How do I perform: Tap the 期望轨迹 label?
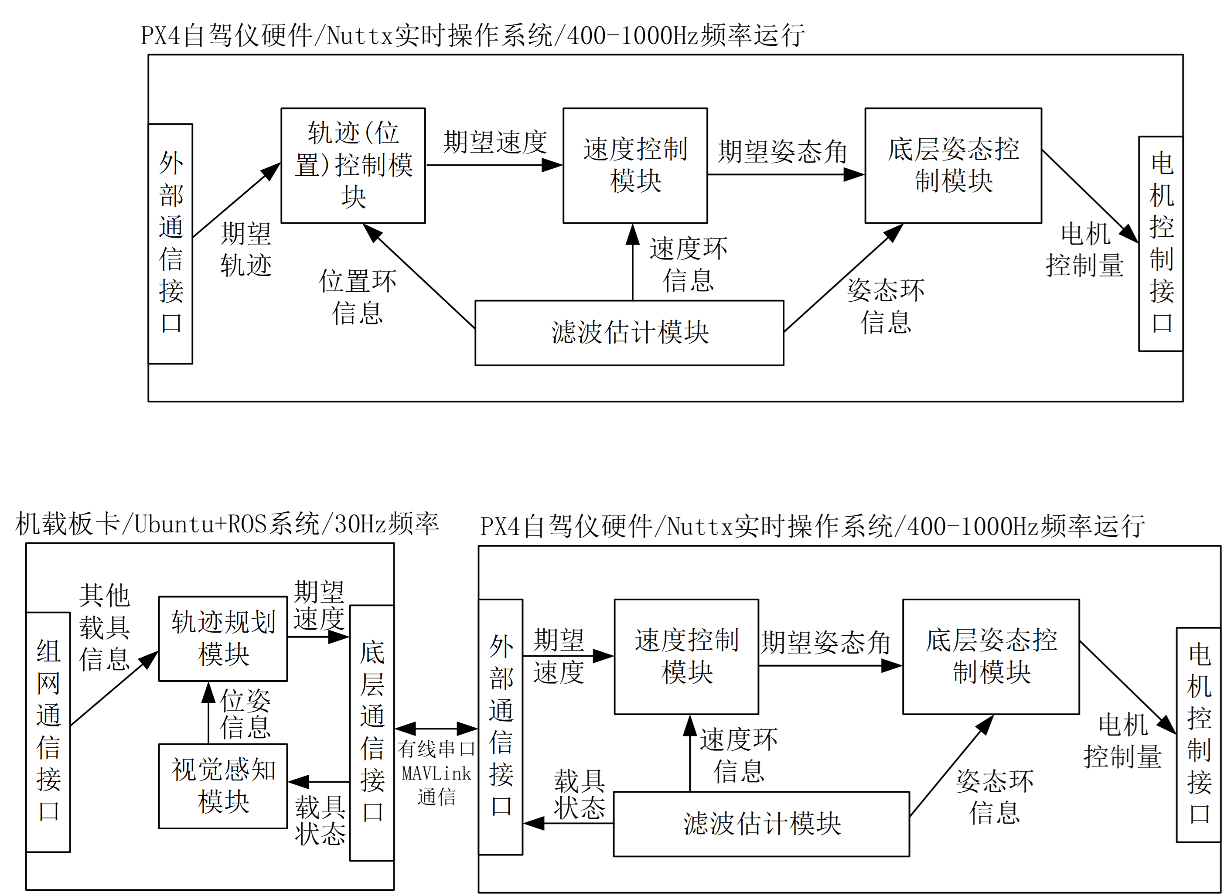click(245, 249)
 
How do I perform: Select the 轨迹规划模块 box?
click(223, 638)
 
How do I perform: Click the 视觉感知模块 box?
click(223, 786)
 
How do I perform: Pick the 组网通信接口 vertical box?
click(48, 732)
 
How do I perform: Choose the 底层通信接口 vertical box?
click(372, 732)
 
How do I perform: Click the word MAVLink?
click(436, 773)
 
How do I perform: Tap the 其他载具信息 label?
click(104, 627)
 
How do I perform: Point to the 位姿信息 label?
click(245, 714)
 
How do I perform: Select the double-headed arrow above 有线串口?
click(436, 729)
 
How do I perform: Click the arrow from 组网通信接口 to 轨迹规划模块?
click(114, 689)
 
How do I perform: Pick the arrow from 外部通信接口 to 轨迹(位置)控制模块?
click(236, 201)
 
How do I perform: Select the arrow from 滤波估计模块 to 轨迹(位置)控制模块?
click(419, 276)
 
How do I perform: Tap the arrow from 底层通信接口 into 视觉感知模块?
click(318, 782)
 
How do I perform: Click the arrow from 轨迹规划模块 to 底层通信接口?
click(318, 637)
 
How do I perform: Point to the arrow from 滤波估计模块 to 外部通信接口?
click(568, 823)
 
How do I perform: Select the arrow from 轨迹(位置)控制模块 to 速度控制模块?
click(494, 165)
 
